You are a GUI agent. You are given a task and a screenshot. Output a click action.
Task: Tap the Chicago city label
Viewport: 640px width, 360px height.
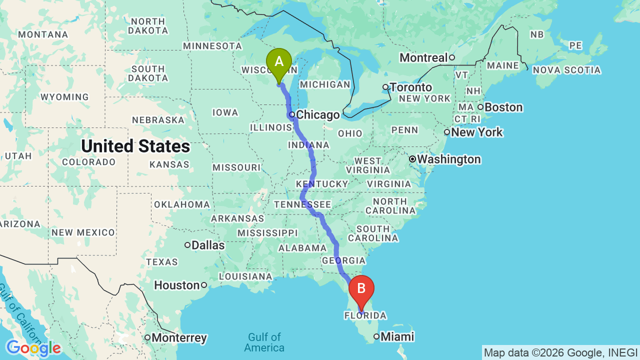tap(317, 115)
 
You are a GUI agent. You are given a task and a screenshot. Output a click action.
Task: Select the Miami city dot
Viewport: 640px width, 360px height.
tap(376, 336)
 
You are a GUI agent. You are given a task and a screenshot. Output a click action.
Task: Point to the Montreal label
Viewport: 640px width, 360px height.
tap(423, 57)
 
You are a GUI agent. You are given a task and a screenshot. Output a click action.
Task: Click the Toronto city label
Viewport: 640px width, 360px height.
tap(410, 87)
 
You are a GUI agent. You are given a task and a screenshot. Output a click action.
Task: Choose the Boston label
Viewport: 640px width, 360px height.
tap(504, 107)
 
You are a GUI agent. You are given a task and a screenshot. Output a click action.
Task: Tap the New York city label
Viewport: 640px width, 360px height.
tap(476, 132)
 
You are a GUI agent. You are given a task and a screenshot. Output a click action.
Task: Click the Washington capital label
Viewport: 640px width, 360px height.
tap(448, 159)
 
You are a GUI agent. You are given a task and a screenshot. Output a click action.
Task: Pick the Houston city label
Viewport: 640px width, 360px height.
tap(177, 285)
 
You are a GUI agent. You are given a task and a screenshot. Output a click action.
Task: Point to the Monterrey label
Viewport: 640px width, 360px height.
tap(179, 337)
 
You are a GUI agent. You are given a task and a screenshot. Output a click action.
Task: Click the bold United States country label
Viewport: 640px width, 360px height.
tap(135, 146)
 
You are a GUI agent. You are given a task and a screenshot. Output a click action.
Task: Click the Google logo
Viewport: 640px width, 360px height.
tap(33, 348)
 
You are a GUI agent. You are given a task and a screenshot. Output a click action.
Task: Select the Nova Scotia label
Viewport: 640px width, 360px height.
tap(566, 70)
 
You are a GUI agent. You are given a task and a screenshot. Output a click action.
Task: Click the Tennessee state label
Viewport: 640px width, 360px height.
tap(302, 204)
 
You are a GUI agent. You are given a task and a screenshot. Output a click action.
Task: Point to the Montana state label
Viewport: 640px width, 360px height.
tap(43, 34)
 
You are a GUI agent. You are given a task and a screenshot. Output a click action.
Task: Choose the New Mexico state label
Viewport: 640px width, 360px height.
tap(83, 232)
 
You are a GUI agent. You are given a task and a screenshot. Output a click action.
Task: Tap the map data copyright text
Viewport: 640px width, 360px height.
tap(560, 352)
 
